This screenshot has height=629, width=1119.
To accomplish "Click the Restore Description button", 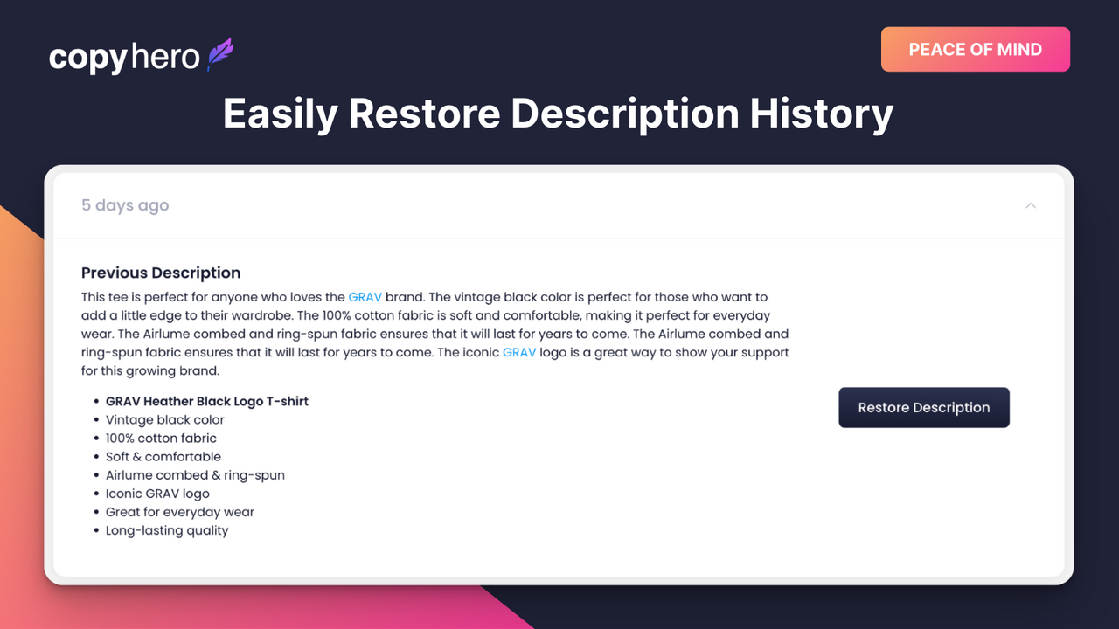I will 924,408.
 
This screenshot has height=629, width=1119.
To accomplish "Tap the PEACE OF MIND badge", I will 975,50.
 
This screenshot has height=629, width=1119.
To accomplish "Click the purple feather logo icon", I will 220,55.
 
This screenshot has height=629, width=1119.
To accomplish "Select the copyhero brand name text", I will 124,58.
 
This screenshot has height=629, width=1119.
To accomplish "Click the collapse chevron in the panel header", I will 1031,206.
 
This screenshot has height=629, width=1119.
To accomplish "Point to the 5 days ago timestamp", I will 125,206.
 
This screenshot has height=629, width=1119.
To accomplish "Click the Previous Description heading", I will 161,273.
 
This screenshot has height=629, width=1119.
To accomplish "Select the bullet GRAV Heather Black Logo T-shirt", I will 207,402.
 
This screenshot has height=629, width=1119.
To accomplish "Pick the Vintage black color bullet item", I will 165,420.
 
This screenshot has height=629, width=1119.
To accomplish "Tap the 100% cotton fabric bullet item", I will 161,439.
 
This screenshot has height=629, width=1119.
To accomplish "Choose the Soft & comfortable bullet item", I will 163,457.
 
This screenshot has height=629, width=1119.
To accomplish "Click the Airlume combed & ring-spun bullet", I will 195,475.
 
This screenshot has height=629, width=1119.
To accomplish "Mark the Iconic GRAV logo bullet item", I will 157,494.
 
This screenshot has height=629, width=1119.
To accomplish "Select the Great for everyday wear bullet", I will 180,512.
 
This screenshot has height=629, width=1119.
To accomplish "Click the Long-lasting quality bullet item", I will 167,530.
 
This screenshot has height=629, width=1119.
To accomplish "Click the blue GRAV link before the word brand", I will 365,298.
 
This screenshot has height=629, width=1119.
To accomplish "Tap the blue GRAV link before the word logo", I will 519,353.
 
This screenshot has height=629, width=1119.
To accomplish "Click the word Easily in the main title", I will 279,114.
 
